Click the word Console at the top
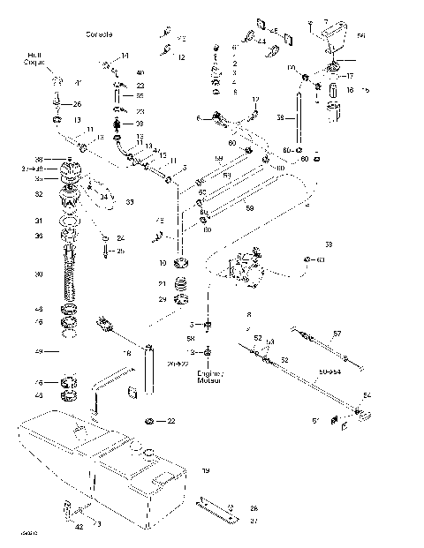tap(99, 34)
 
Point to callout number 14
tap(124, 56)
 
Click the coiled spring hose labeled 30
tap(69, 274)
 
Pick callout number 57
tap(335, 334)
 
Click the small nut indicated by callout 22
tap(150, 421)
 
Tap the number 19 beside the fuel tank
tap(205, 471)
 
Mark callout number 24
tap(121, 237)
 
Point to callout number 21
tap(162, 282)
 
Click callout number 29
tap(162, 300)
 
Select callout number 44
tap(261, 41)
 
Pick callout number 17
tap(348, 76)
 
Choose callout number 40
tap(140, 71)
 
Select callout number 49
tap(38, 351)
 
